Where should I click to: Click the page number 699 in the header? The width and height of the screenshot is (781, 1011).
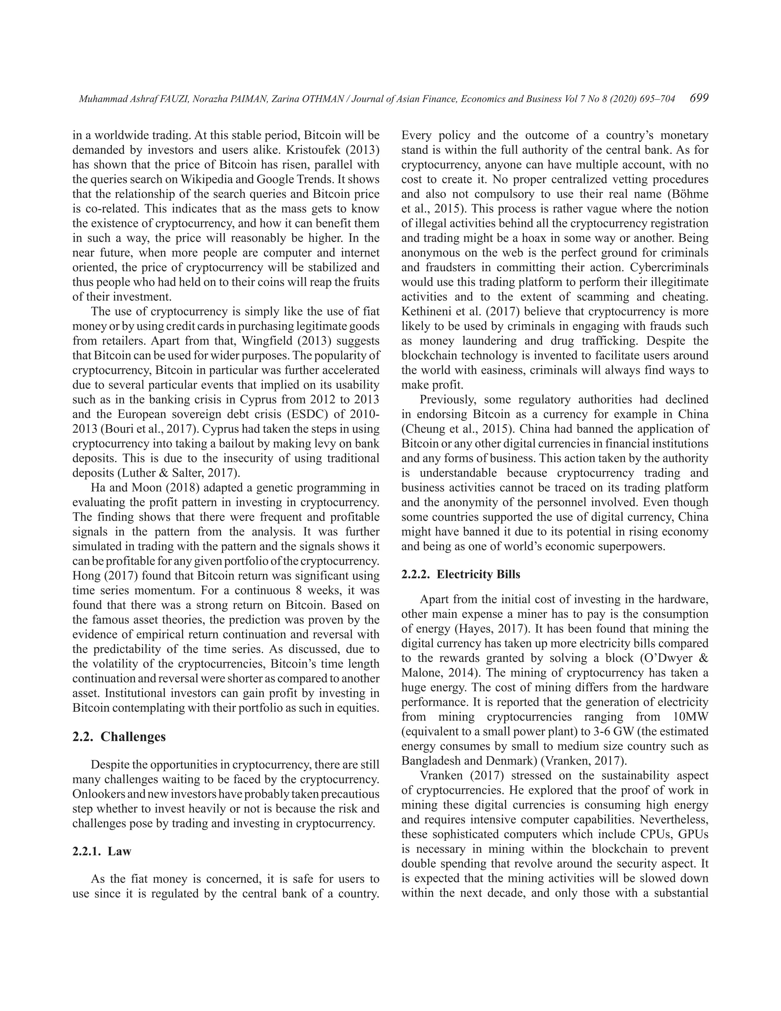coord(699,98)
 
